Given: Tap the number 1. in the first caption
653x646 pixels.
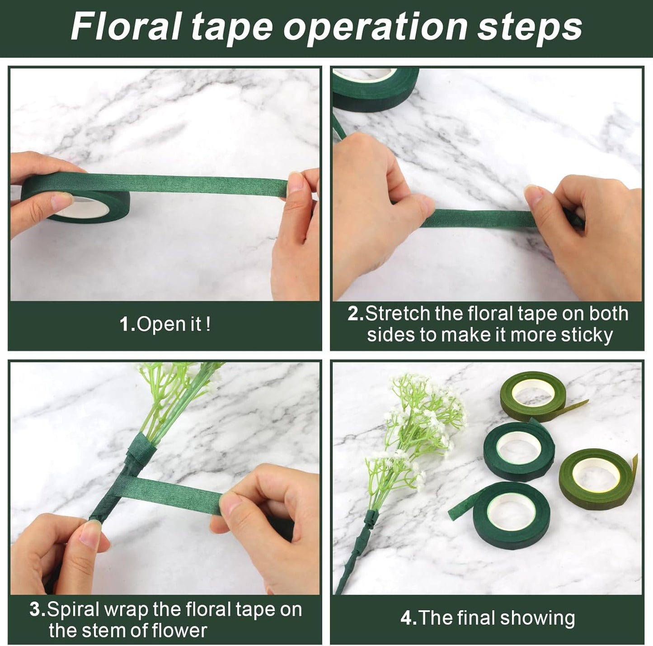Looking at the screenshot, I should tap(128, 324).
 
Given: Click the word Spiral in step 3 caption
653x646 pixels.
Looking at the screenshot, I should tap(72, 609).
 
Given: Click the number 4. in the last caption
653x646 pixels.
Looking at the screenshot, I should tap(408, 618).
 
